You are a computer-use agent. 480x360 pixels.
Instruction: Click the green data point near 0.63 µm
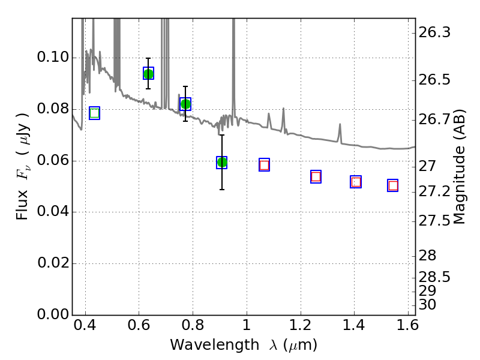click(x=148, y=74)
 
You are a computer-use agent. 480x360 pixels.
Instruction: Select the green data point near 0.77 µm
click(x=185, y=104)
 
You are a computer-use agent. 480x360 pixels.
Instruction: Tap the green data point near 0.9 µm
click(x=222, y=162)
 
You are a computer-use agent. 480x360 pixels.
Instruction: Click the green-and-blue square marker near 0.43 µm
click(x=95, y=113)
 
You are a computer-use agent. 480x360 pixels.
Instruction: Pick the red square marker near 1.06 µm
click(x=264, y=165)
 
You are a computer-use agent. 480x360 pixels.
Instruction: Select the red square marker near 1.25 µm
click(x=316, y=176)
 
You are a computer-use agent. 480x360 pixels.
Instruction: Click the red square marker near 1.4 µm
click(x=356, y=182)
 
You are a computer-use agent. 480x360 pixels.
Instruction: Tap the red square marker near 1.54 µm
click(x=393, y=185)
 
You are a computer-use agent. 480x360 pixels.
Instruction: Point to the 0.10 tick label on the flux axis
click(x=53, y=57)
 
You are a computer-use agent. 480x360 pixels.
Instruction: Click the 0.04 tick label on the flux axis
click(x=53, y=212)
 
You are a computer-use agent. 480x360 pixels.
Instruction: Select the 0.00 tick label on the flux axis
click(x=53, y=314)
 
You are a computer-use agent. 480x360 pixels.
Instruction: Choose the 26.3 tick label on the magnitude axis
click(x=434, y=32)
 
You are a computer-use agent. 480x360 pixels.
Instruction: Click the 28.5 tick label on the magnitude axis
click(x=434, y=277)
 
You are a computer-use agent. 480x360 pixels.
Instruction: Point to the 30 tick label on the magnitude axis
click(x=427, y=305)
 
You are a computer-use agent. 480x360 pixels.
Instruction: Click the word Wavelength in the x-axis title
click(x=215, y=345)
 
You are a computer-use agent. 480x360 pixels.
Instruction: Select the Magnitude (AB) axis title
click(x=458, y=167)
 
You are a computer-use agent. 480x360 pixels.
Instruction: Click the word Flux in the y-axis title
click(x=22, y=205)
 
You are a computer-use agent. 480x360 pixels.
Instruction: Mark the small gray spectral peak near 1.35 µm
click(x=340, y=132)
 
